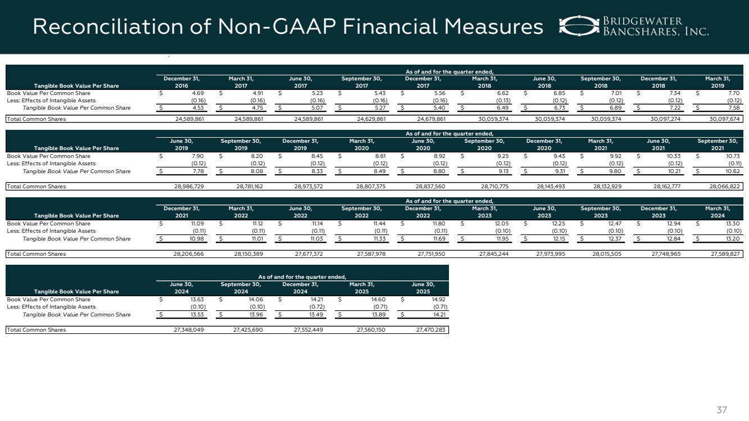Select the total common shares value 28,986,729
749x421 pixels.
pyautogui.click(x=186, y=186)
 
